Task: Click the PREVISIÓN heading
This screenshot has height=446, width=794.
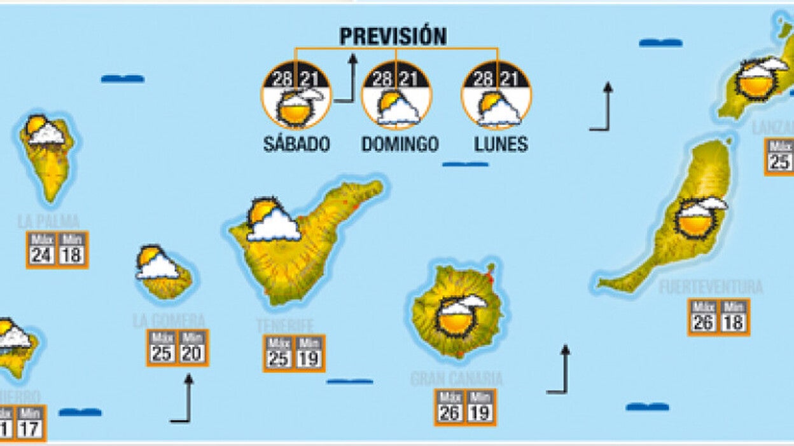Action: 393,36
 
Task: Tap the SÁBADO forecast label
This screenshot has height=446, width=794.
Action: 296,144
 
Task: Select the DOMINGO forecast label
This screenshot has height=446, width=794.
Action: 400,144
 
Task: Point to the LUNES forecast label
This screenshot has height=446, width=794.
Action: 501,144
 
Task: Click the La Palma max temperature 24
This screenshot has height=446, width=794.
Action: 42,255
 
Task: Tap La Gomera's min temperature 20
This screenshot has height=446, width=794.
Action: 192,353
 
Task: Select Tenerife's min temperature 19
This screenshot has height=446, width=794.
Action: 309,358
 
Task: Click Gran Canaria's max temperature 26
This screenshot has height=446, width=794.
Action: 450,413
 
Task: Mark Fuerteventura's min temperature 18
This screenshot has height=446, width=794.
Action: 734,322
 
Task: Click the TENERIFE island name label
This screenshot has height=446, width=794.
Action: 285,325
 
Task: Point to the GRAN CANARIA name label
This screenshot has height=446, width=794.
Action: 456,379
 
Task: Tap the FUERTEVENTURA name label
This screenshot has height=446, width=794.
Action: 711,287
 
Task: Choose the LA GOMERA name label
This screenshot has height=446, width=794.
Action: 169,320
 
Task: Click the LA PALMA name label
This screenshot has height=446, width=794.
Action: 49,221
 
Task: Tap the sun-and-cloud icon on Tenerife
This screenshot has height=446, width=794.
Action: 272,220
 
